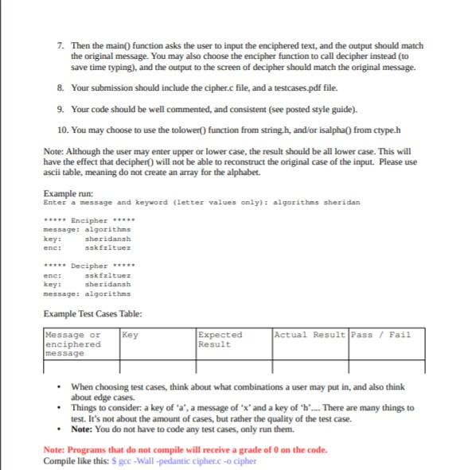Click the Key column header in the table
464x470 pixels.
pos(131,335)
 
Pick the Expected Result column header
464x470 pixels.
pos(219,340)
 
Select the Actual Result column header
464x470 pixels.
pos(310,335)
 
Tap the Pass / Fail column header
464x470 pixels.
pos(380,335)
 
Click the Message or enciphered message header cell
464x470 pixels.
pos(73,344)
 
